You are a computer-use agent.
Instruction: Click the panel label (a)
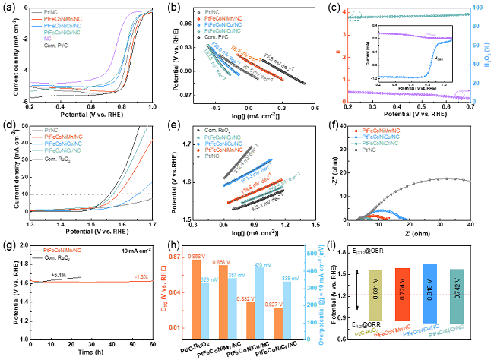coord(9,7)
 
